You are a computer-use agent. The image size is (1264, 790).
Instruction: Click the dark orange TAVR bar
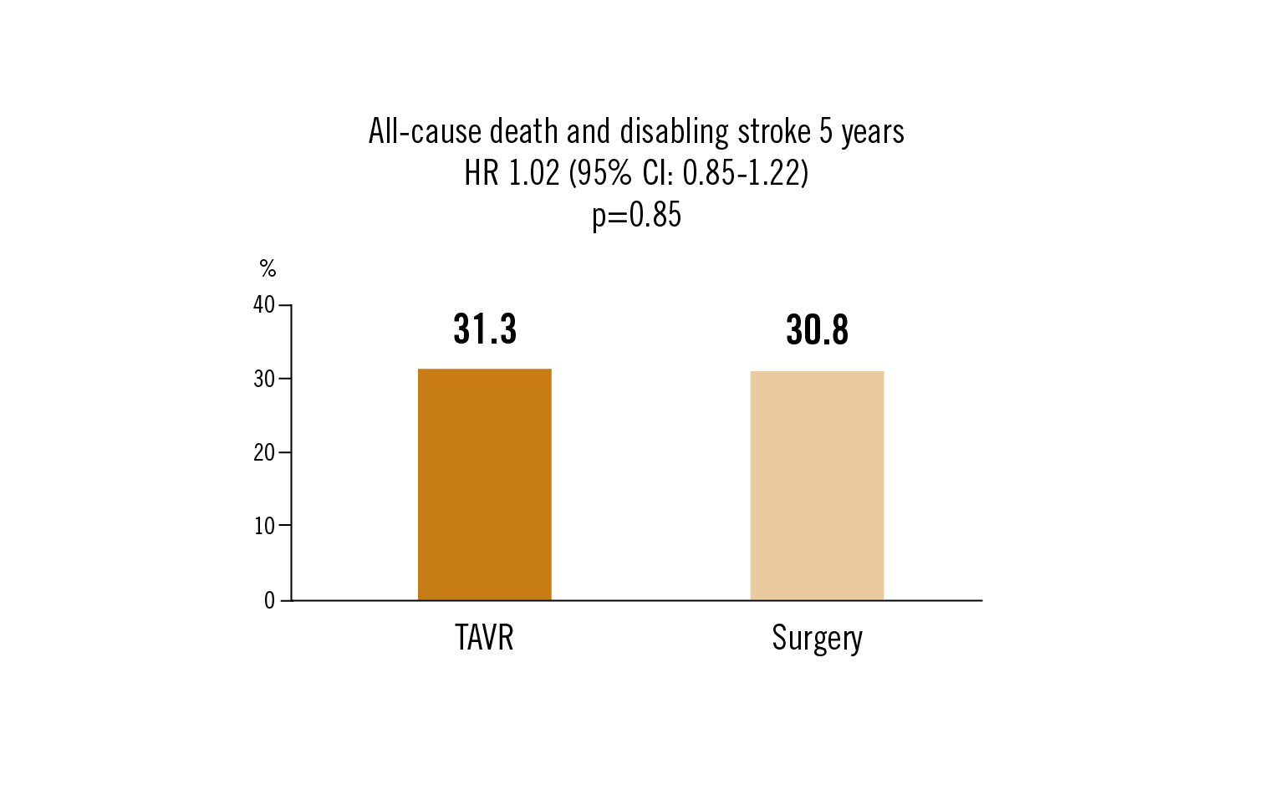point(484,484)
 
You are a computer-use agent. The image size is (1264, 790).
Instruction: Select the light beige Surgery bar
point(817,485)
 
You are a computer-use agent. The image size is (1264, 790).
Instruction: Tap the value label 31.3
point(485,329)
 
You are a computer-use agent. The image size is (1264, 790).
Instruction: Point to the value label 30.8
point(817,330)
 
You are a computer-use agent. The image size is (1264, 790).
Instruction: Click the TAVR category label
point(484,638)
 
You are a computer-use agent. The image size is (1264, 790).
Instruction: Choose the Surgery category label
point(817,639)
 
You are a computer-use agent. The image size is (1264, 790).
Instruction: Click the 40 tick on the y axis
point(264,304)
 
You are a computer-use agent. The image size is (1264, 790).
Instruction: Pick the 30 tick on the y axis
point(264,379)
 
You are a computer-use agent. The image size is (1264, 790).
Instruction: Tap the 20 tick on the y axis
point(264,452)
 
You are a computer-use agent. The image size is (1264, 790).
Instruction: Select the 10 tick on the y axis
point(264,526)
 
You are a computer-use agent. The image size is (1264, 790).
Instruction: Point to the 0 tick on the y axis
point(269,600)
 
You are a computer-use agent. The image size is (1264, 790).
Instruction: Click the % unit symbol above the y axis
point(268,268)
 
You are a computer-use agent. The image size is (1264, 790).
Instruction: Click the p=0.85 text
point(636,216)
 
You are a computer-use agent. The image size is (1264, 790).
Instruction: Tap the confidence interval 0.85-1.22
point(742,173)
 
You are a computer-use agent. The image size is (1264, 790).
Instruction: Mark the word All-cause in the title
point(425,132)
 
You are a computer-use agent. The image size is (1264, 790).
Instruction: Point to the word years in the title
point(873,132)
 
